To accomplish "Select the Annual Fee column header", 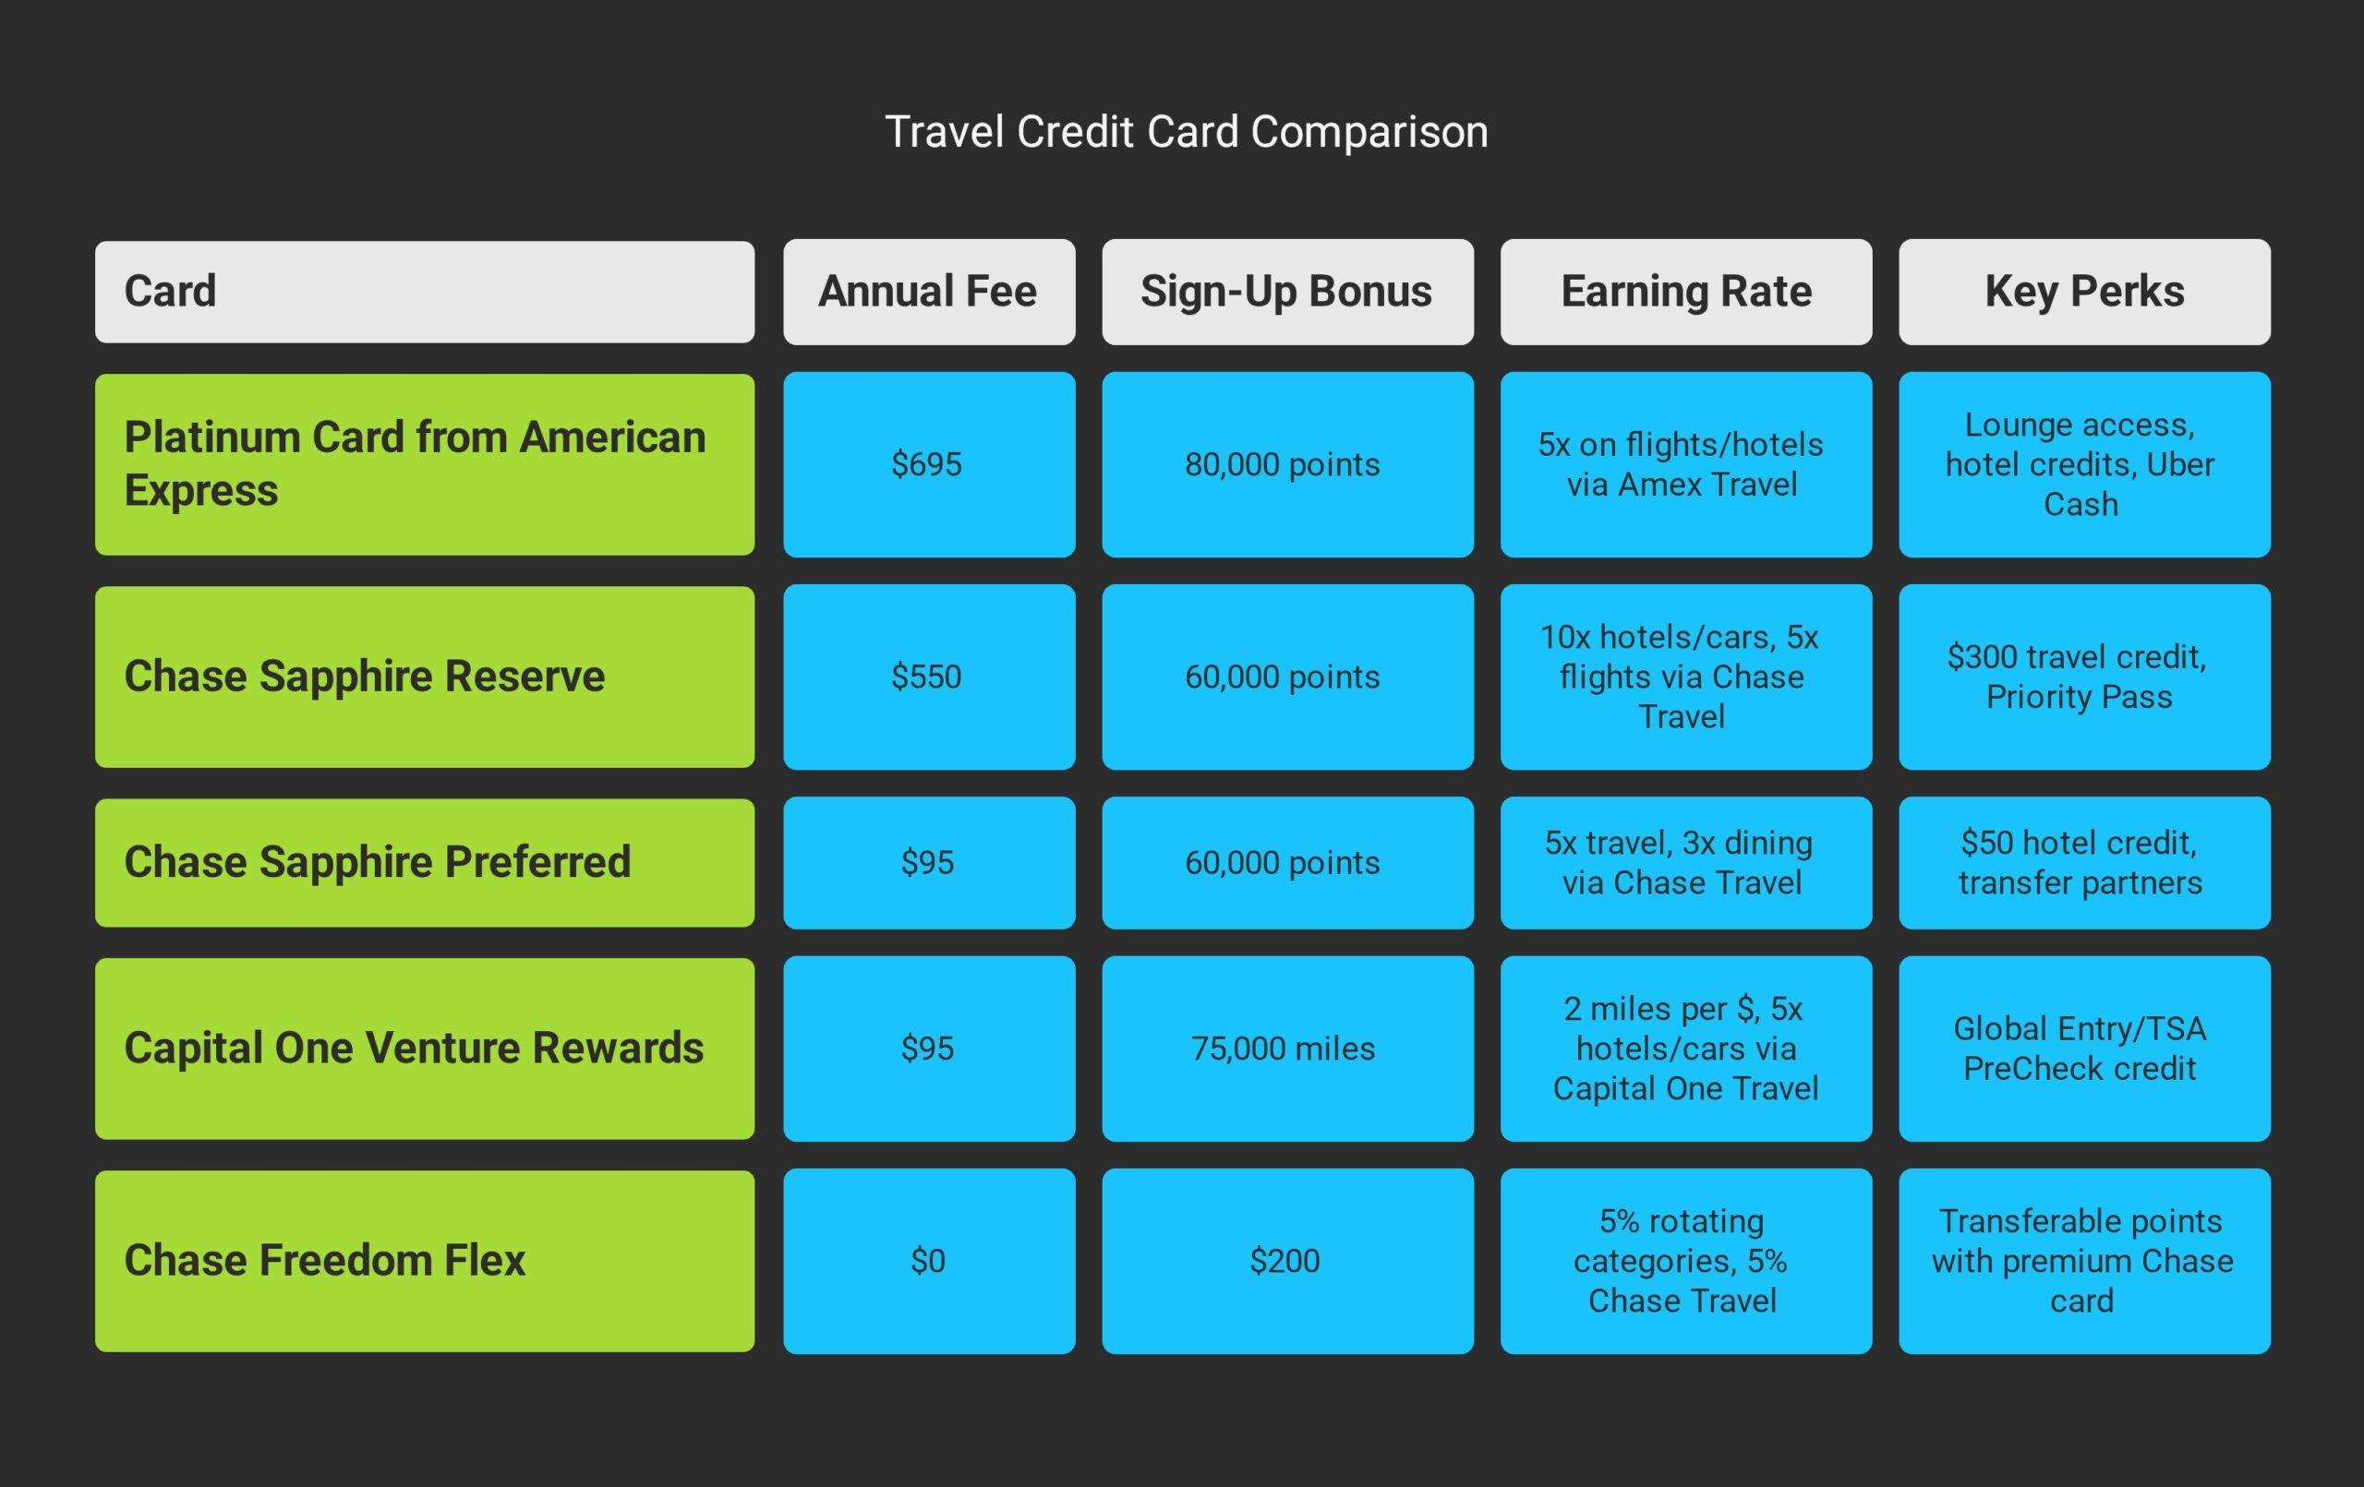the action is [929, 292].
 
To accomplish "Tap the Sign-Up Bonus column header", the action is [1287, 292].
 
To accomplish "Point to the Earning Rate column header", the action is [1685, 292].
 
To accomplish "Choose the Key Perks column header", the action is [2084, 292].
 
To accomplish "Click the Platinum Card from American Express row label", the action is [424, 464].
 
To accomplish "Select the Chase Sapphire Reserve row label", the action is [424, 677].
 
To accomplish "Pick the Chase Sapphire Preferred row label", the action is [424, 863].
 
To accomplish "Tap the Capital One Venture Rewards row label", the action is [424, 1049].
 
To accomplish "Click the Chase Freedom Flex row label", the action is [424, 1260].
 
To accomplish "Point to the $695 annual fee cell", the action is [929, 464].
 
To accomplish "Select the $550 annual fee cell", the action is [929, 677].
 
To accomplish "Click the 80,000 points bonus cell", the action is [1287, 464].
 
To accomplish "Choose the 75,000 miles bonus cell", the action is [1287, 1049].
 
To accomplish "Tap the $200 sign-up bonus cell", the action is [1287, 1260].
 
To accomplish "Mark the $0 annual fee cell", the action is [929, 1260].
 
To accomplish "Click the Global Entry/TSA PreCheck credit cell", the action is [2084, 1049].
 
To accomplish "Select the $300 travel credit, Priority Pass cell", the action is [2084, 677].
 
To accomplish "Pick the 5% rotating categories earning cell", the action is [1685, 1260].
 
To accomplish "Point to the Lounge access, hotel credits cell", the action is [2084, 464].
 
